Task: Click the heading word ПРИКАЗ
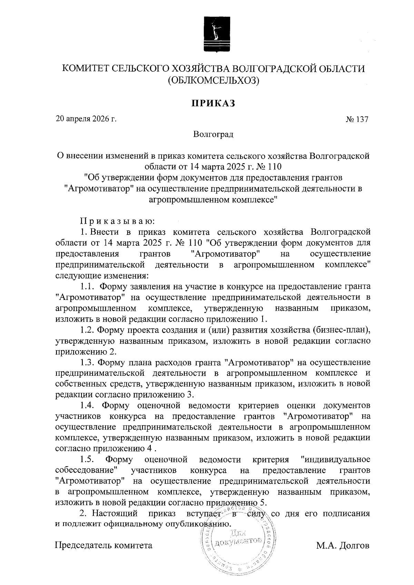tap(213, 103)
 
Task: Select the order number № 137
tap(357, 120)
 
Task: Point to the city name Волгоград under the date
tap(213, 134)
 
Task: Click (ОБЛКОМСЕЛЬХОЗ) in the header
tap(213, 81)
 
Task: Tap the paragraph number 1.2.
tap(87, 330)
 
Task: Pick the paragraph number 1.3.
tap(87, 362)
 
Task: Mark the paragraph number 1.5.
tap(87, 460)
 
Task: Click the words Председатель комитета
tap(103, 546)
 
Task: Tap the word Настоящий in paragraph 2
tap(115, 513)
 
